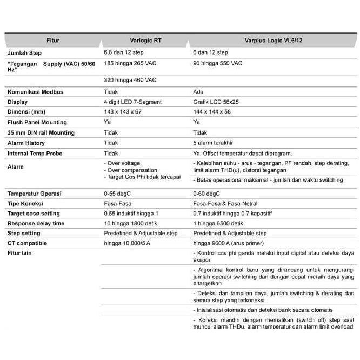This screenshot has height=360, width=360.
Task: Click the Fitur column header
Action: (x=52, y=40)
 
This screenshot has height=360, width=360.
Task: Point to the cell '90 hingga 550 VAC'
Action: (x=218, y=63)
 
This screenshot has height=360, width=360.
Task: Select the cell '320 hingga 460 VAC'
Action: (x=130, y=80)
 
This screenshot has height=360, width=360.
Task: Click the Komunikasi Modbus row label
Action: (x=35, y=92)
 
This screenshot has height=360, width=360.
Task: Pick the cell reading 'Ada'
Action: (x=198, y=92)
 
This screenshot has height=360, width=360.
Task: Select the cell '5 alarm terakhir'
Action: (x=212, y=143)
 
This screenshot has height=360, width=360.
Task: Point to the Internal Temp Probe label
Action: (x=35, y=154)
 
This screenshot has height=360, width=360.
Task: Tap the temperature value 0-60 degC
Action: (x=206, y=194)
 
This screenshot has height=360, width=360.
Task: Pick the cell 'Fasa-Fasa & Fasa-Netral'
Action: (x=225, y=204)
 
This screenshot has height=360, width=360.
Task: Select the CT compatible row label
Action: (x=27, y=243)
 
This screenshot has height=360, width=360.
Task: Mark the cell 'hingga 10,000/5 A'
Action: (x=127, y=243)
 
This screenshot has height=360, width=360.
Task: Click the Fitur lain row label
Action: (x=19, y=253)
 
